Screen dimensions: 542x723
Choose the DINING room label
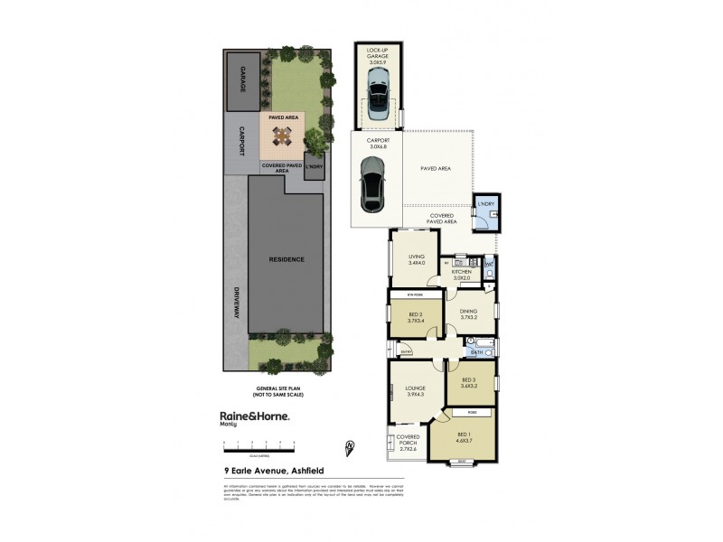click(x=468, y=313)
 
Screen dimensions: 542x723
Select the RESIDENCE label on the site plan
click(x=286, y=259)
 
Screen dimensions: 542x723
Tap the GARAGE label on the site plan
click(x=240, y=79)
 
